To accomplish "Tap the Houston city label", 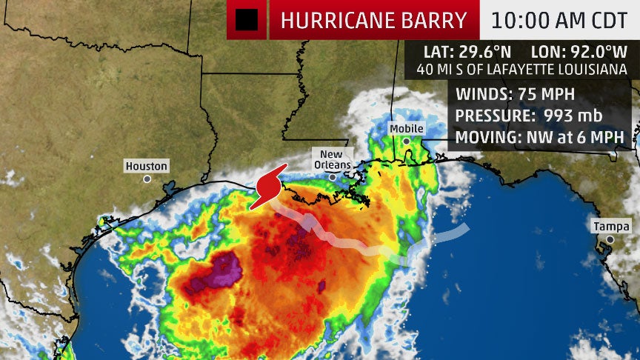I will [146, 166].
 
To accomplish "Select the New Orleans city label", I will [330, 159].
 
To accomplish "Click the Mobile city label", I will [407, 129].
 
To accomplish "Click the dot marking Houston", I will [147, 179].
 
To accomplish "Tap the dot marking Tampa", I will [610, 239].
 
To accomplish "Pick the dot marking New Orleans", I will [333, 177].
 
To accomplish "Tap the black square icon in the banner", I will [247, 20].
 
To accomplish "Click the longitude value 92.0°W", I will [596, 53].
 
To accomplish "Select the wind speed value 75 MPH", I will [552, 95].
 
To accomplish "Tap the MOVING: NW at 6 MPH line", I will [539, 138].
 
